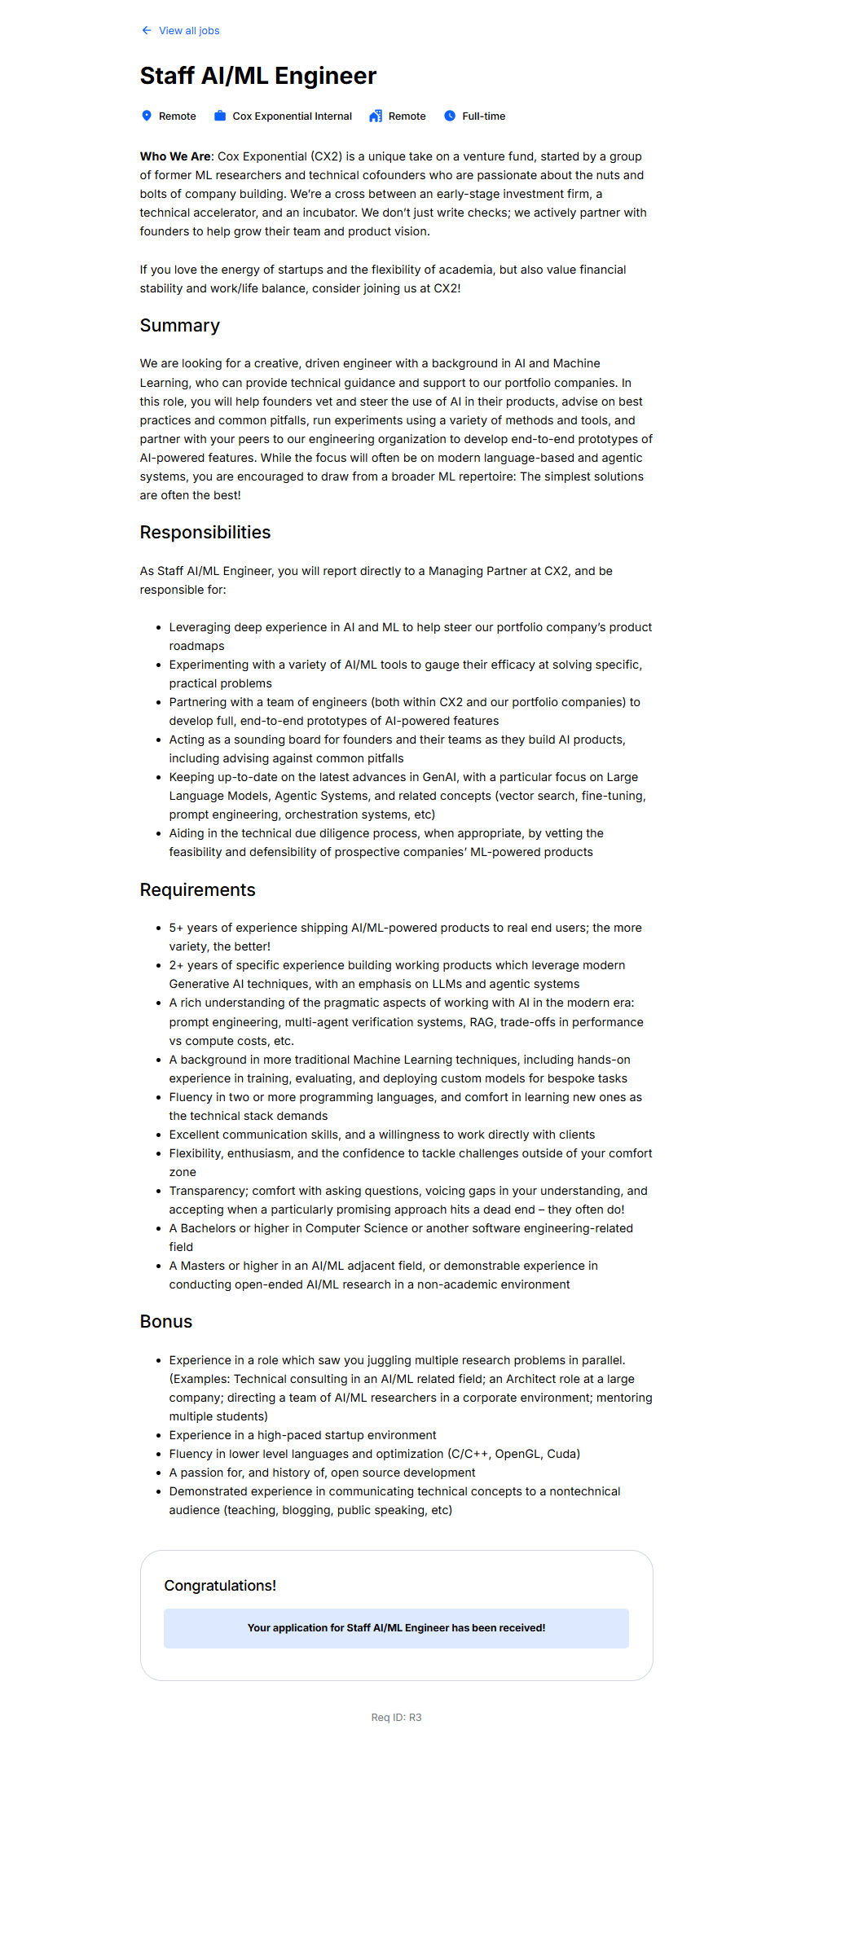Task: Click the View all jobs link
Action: [x=189, y=31]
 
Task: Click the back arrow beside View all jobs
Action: [x=147, y=31]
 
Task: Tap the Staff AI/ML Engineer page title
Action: [x=257, y=76]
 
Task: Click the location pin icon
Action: [x=147, y=116]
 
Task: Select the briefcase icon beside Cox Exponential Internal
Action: [x=220, y=116]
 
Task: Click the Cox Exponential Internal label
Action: [x=292, y=116]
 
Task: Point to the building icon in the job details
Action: [x=376, y=116]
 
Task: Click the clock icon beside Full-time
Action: [x=450, y=116]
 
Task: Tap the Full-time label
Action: [x=483, y=116]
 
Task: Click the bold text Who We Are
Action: [x=175, y=156]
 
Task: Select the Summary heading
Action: [x=179, y=326]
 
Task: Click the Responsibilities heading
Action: [x=205, y=533]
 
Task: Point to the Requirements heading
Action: [x=197, y=890]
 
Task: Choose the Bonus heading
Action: [x=165, y=1322]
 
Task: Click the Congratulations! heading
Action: [x=220, y=1585]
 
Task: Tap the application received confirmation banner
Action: [x=396, y=1628]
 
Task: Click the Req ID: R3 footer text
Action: [x=396, y=1718]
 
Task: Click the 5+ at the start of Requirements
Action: [x=176, y=928]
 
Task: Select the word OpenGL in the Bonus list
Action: [x=517, y=1454]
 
